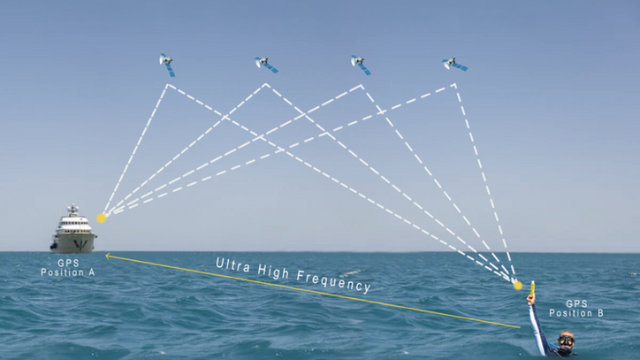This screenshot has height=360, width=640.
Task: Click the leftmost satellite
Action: tap(166, 64)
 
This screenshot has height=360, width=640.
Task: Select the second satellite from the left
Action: tap(264, 64)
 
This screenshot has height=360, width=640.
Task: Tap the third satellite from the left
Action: tap(359, 64)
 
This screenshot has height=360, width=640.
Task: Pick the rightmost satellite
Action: tap(453, 64)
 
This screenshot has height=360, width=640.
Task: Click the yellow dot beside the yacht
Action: tap(102, 217)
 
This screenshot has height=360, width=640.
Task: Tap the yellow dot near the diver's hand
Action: tap(519, 285)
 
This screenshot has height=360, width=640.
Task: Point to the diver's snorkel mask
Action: tap(565, 339)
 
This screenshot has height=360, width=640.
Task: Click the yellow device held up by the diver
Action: tap(533, 288)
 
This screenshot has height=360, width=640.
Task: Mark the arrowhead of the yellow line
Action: tap(106, 255)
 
